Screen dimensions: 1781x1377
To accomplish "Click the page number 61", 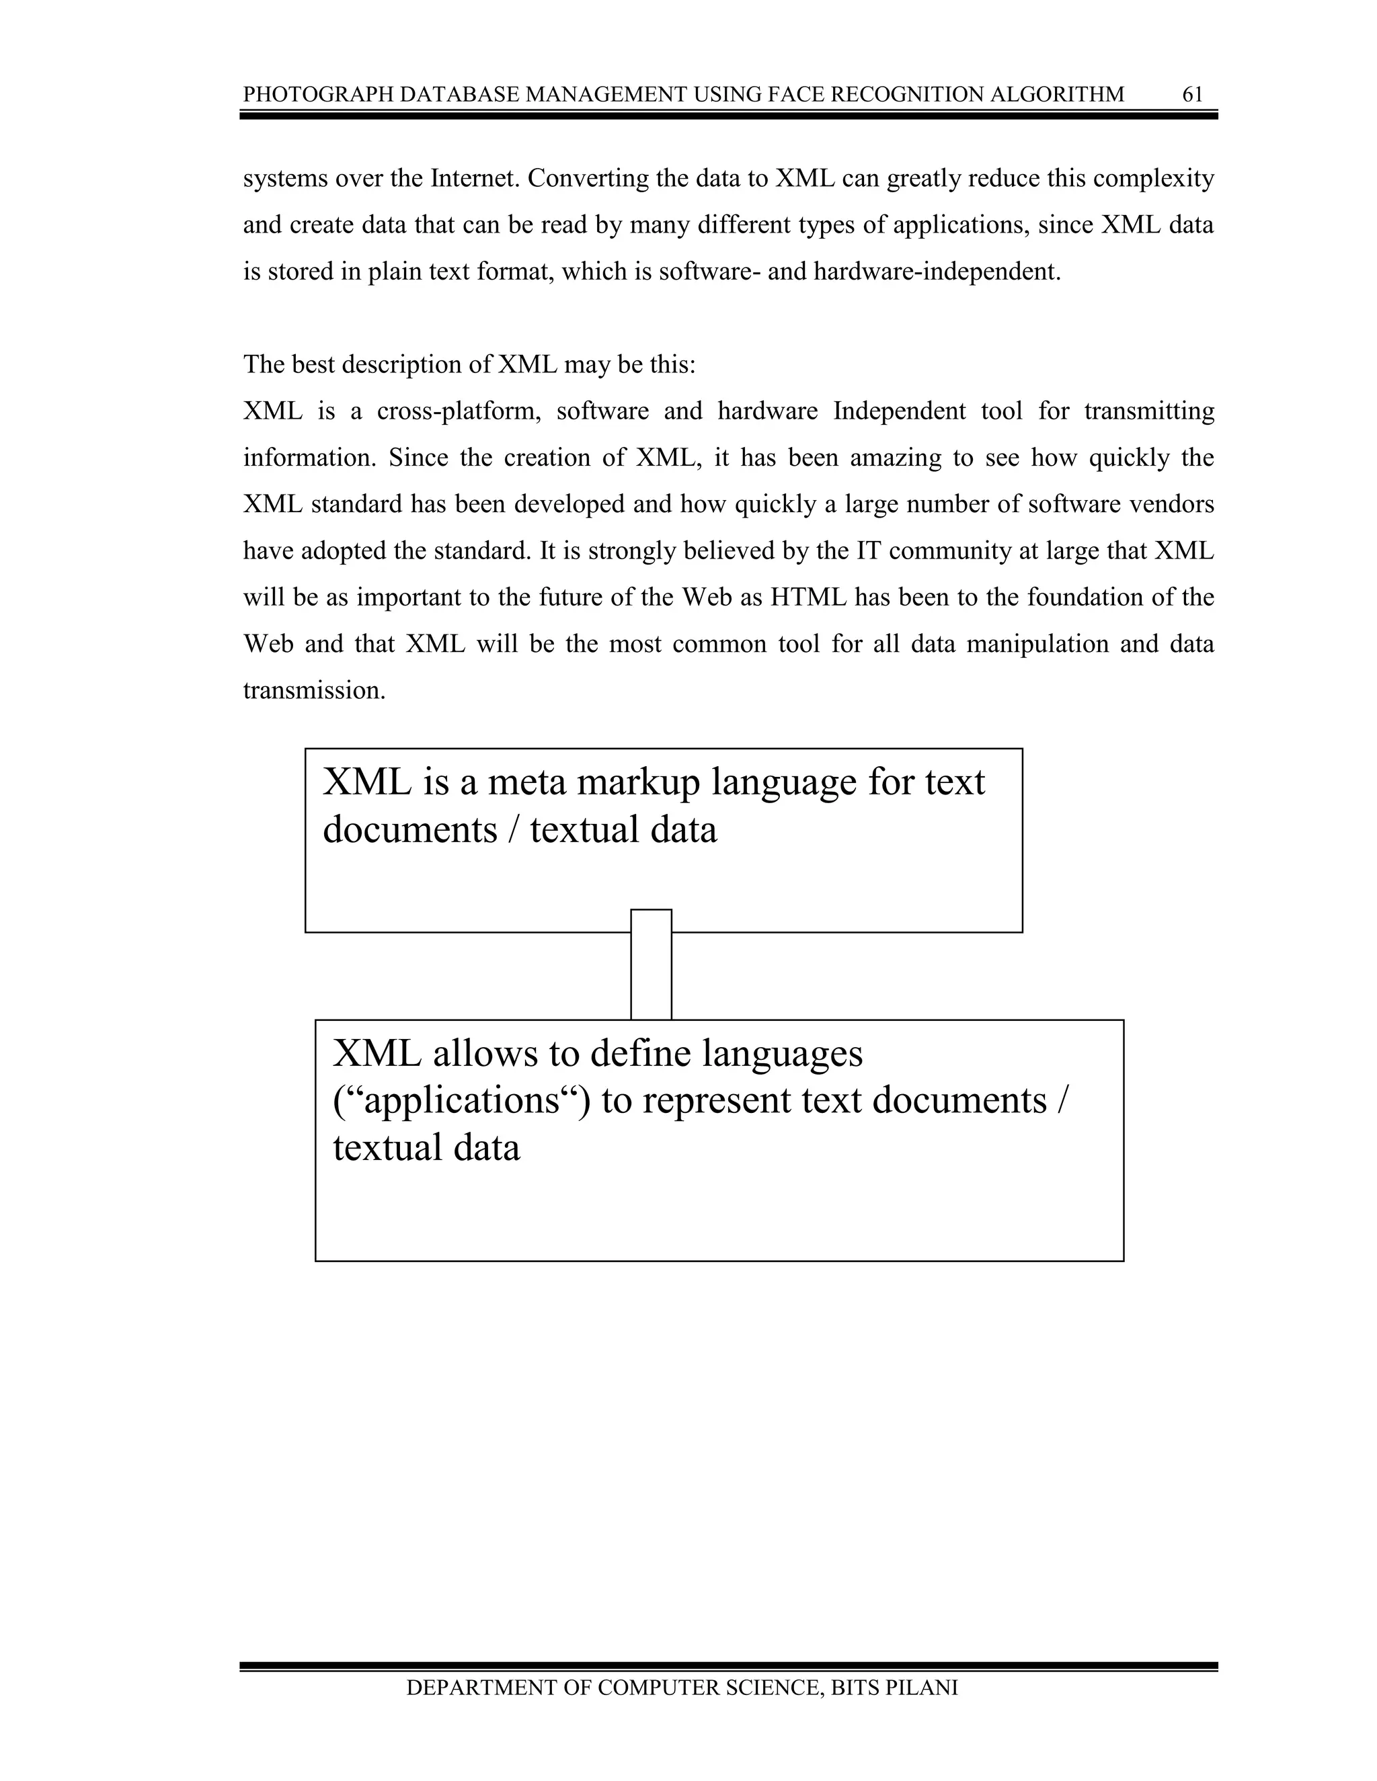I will [1192, 95].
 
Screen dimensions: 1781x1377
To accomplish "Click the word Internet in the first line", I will [475, 179].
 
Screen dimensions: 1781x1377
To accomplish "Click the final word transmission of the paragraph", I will [313, 691].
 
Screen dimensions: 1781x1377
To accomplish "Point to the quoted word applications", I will [460, 1101].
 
